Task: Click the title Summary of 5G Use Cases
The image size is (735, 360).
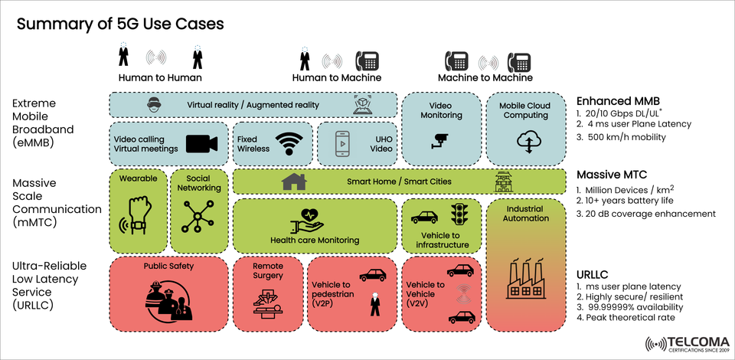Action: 120,24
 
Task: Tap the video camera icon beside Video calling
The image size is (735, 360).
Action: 201,143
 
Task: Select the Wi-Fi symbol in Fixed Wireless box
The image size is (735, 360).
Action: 289,143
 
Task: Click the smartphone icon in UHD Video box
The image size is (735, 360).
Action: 343,143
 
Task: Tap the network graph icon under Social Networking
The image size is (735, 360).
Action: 198,218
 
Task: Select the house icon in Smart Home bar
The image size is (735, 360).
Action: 293,182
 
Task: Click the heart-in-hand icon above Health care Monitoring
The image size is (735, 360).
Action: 308,220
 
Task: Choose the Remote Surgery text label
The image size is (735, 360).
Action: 268,270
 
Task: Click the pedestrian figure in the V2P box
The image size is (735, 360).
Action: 374,305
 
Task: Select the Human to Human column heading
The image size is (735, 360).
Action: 160,78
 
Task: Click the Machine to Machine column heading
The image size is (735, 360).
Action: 485,78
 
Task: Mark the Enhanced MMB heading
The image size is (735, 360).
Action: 618,100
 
